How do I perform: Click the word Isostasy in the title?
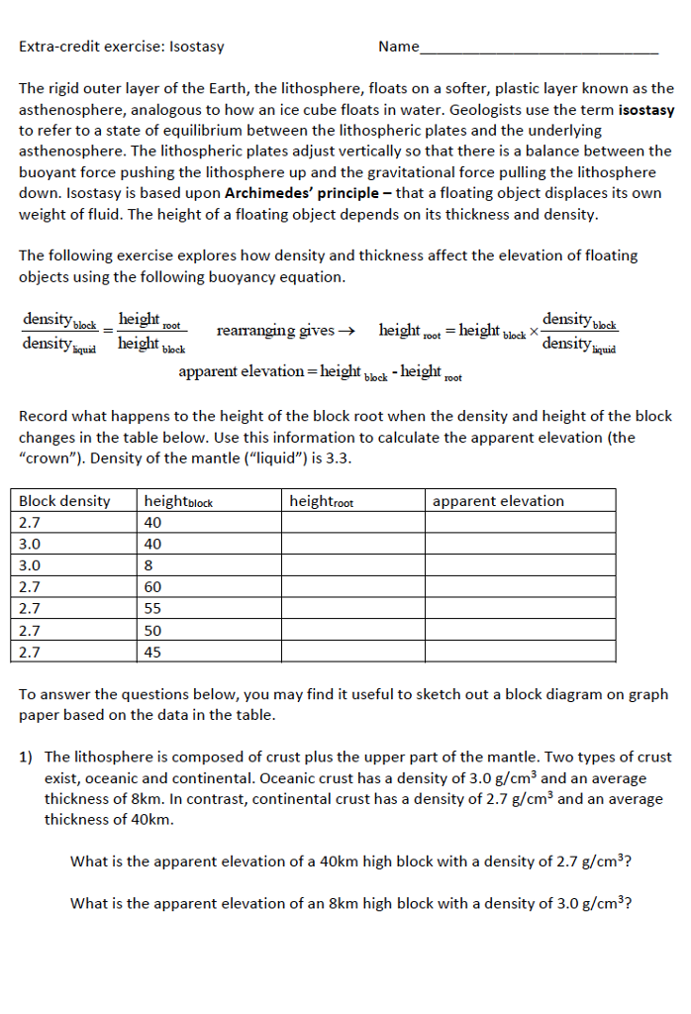click(197, 47)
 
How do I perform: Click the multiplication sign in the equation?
click(535, 331)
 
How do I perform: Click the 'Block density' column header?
click(65, 501)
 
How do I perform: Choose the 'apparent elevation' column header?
click(498, 501)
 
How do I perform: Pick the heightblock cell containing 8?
click(149, 565)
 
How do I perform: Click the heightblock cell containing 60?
click(152, 587)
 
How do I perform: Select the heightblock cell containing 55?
click(152, 609)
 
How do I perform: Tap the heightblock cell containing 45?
click(152, 652)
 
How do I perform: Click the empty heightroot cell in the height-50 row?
click(352, 631)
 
